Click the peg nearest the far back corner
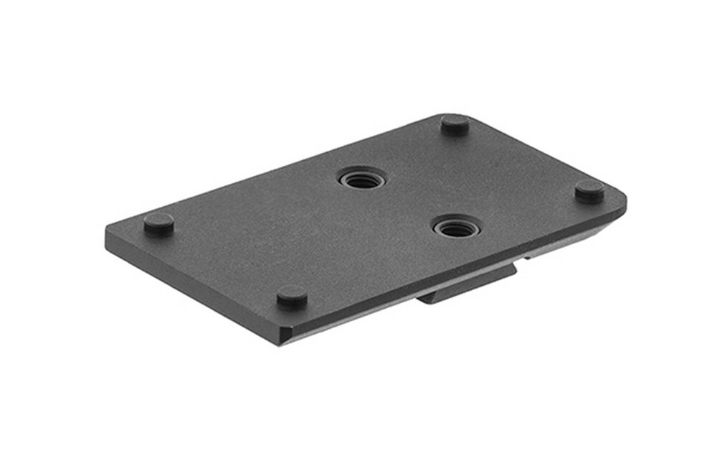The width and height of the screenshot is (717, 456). [x=455, y=124]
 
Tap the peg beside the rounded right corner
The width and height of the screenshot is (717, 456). [x=589, y=191]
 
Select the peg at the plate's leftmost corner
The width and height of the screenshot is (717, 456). [x=158, y=224]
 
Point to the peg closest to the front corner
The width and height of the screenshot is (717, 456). [x=292, y=295]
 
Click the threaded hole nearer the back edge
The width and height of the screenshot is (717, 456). [x=362, y=178]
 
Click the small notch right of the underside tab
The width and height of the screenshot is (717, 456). [x=528, y=255]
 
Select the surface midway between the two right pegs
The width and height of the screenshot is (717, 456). [x=522, y=158]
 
